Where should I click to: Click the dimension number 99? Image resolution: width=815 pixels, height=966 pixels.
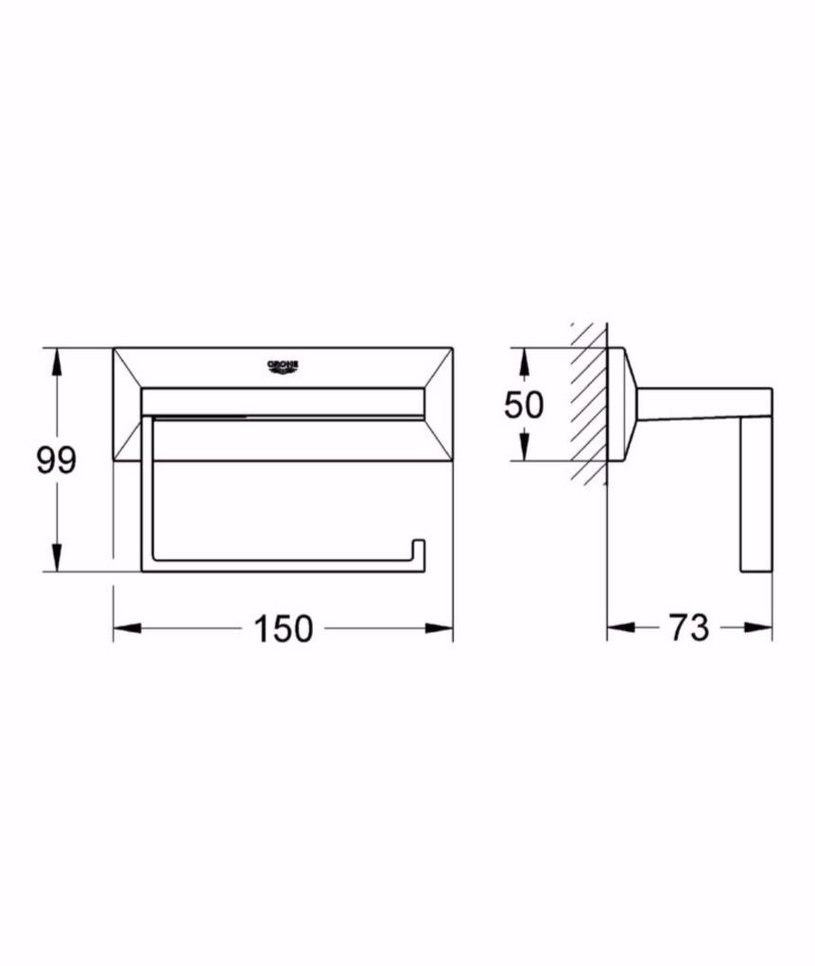coord(56,460)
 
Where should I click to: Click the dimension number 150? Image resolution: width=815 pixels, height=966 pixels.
coord(283,629)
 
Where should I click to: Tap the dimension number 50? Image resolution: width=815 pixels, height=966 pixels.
coord(524,405)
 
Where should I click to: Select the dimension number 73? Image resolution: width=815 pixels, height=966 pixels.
coord(689,628)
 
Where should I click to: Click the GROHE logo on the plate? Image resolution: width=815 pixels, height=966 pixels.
coord(283,366)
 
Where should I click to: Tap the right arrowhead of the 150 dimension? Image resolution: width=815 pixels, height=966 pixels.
coord(439,628)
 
